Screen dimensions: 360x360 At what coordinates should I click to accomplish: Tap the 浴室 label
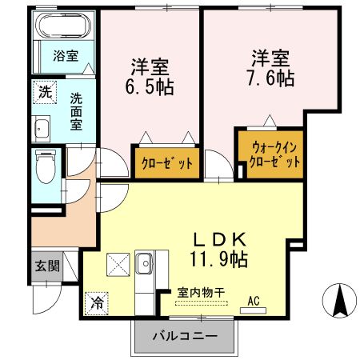click(66, 55)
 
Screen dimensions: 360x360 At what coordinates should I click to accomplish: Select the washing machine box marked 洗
click(46, 92)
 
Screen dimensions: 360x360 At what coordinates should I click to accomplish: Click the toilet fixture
click(47, 167)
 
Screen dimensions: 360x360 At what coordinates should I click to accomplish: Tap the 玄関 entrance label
click(46, 266)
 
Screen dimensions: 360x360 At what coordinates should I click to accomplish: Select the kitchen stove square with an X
click(118, 262)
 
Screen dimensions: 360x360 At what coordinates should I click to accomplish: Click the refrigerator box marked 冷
click(95, 302)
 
